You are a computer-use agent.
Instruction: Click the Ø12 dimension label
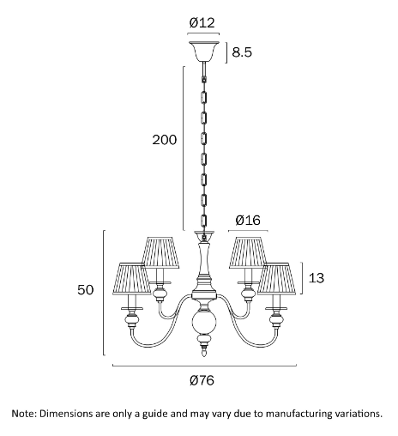[202, 22]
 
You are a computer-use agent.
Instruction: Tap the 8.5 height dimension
[242, 52]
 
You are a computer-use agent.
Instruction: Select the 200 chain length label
[165, 140]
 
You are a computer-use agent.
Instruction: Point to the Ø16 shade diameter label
[248, 221]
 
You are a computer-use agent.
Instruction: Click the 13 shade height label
[317, 278]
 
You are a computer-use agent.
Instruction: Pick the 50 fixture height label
[86, 290]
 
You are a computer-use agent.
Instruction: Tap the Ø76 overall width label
[202, 380]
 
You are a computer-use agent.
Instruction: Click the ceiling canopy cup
[204, 51]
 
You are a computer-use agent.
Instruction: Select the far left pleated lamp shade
[132, 279]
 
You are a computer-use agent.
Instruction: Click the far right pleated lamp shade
[276, 279]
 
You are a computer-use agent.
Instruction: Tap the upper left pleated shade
[160, 252]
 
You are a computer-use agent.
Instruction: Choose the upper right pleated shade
[248, 252]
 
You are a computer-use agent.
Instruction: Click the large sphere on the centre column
[204, 323]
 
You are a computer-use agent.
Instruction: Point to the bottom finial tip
[204, 356]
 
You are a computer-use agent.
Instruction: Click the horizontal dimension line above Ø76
[204, 365]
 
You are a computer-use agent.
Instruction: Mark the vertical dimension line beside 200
[184, 148]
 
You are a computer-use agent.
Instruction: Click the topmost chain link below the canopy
[204, 79]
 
